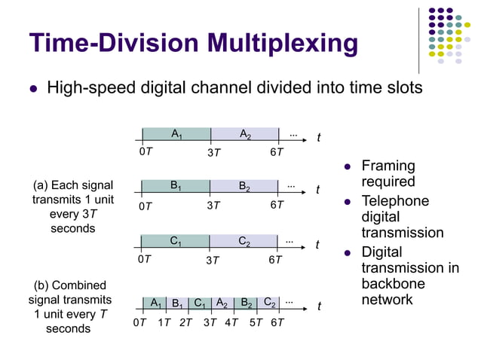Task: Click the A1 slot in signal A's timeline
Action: [x=176, y=135]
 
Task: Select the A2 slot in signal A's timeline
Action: [x=245, y=135]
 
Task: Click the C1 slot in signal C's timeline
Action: [x=176, y=242]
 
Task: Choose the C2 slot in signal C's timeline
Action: [x=245, y=242]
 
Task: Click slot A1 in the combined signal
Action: [x=155, y=304]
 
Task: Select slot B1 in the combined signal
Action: [x=177, y=304]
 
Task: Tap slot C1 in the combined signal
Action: [x=200, y=304]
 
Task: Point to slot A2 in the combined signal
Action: [x=222, y=304]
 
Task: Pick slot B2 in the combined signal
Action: [x=246, y=304]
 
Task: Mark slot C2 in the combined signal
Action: [x=268, y=304]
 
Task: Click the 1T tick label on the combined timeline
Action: [x=164, y=323]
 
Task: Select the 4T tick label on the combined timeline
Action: [x=231, y=323]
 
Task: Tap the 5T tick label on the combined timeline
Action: [x=255, y=323]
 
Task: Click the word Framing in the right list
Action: [x=388, y=166]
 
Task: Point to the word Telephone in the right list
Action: [x=395, y=201]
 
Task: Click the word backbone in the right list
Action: [x=393, y=284]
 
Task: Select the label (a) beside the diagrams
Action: [x=42, y=185]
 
